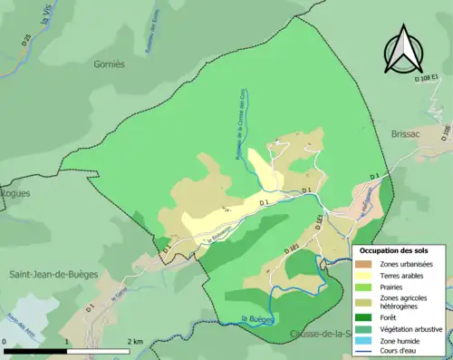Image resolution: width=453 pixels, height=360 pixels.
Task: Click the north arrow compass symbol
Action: [404, 49]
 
